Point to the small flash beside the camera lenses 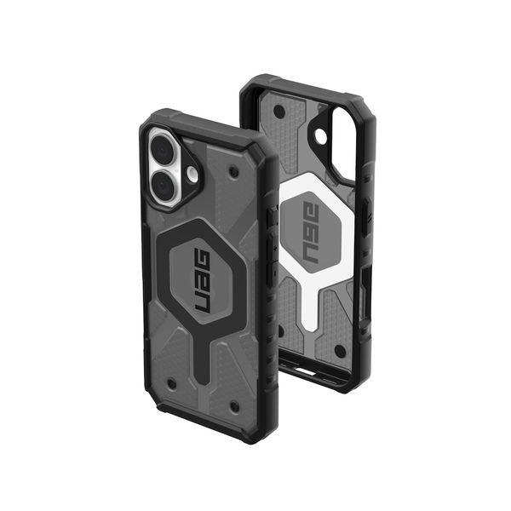point(193,174)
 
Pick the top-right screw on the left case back point(234,172)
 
